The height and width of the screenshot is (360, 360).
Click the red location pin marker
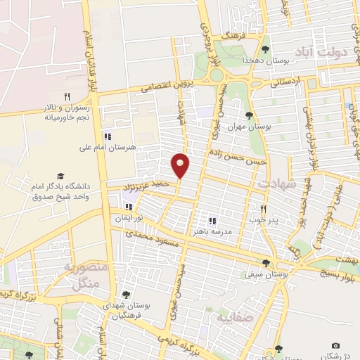[x=181, y=165]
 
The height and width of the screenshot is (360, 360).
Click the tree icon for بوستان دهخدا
[x=265, y=49]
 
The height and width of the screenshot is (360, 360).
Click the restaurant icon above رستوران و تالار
[x=67, y=96]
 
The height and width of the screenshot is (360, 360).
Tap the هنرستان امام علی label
[x=108, y=148]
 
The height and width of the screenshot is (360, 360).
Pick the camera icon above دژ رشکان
[x=335, y=345]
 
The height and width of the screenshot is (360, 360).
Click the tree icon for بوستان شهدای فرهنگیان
[x=125, y=295]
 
